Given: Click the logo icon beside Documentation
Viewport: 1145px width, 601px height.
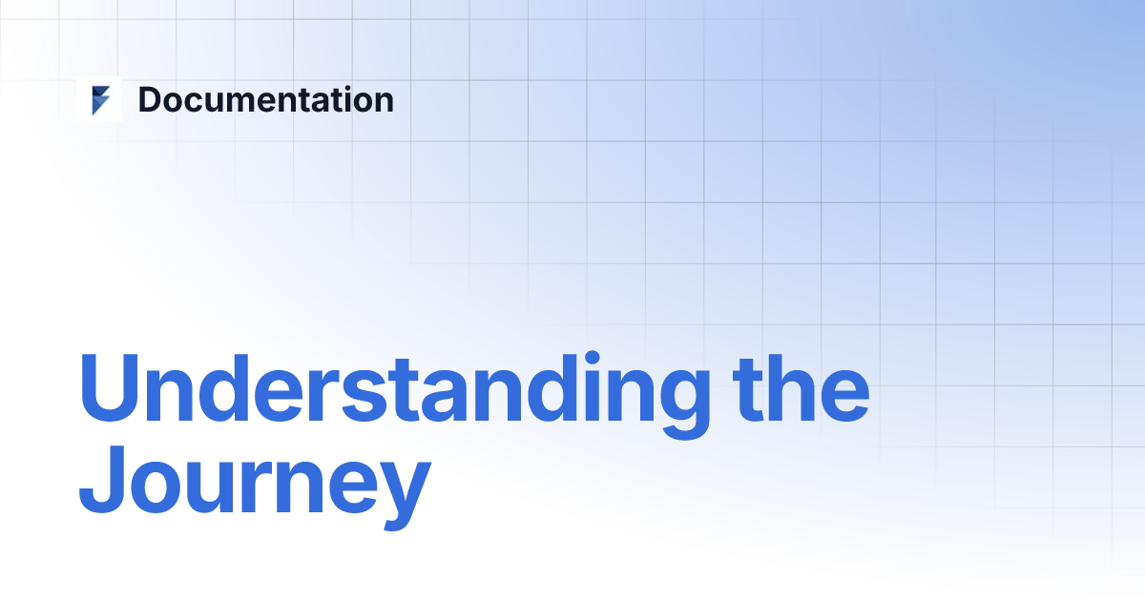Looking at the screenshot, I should tap(99, 100).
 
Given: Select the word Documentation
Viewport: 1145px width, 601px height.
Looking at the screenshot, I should tap(265, 100).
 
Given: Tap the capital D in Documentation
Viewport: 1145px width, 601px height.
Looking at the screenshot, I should tap(150, 100).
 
